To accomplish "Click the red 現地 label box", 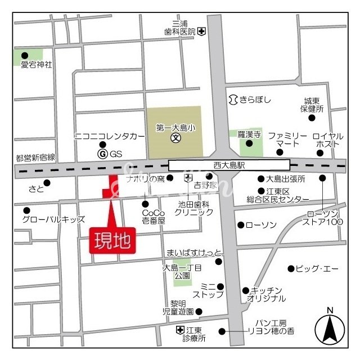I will pos(112,241).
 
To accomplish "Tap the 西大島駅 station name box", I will pos(229,165).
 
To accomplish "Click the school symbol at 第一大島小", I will pos(175,137).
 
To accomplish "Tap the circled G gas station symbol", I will pos(102,154).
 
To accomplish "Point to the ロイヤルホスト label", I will pos(326,140).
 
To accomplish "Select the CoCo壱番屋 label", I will pos(154,217).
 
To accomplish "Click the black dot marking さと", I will pos(47,182).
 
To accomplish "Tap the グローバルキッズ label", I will pos(53,219).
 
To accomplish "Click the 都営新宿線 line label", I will pos(36,158).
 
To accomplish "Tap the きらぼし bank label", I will pos(255,100).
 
